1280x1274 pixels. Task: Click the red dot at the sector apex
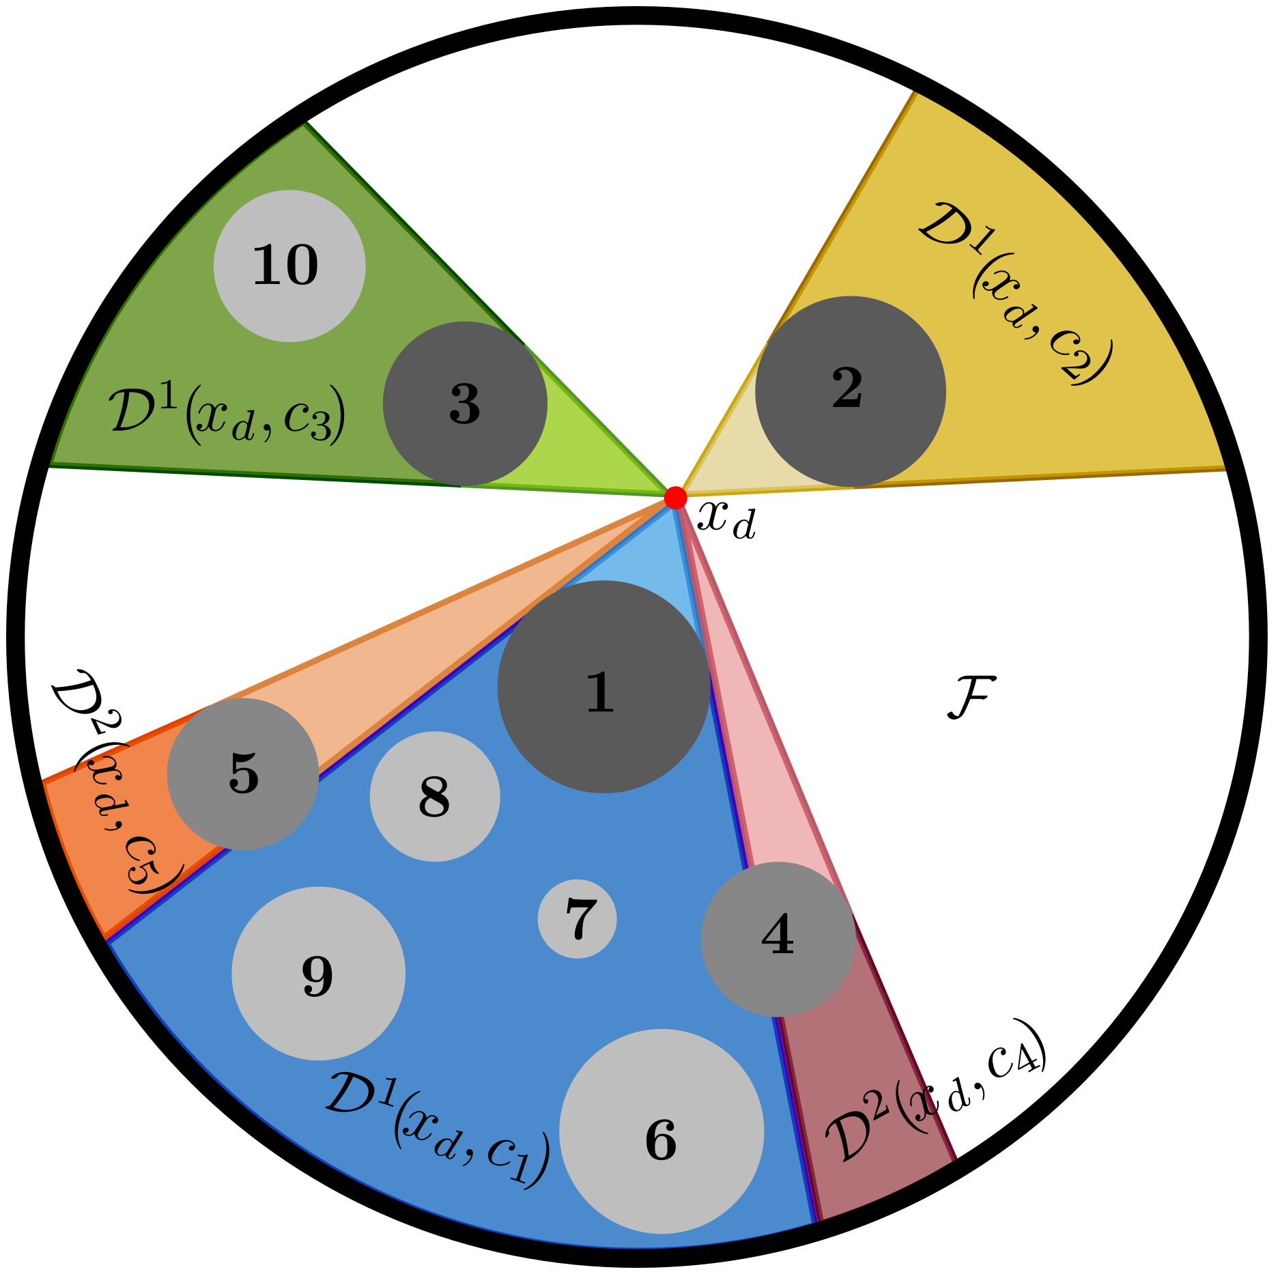click(x=675, y=498)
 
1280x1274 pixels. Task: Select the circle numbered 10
click(x=289, y=266)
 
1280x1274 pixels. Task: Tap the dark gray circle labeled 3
click(x=465, y=404)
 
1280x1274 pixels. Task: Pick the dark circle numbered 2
click(x=850, y=391)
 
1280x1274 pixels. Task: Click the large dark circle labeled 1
click(x=603, y=687)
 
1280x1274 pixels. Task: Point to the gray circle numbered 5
click(x=243, y=774)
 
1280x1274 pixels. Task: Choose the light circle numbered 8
click(x=435, y=797)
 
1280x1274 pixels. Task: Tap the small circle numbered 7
click(x=578, y=919)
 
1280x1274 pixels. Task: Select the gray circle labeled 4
click(x=778, y=939)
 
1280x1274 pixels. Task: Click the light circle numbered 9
click(x=318, y=974)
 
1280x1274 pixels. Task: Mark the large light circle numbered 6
click(x=662, y=1131)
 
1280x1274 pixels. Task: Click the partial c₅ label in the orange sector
click(x=130, y=819)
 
